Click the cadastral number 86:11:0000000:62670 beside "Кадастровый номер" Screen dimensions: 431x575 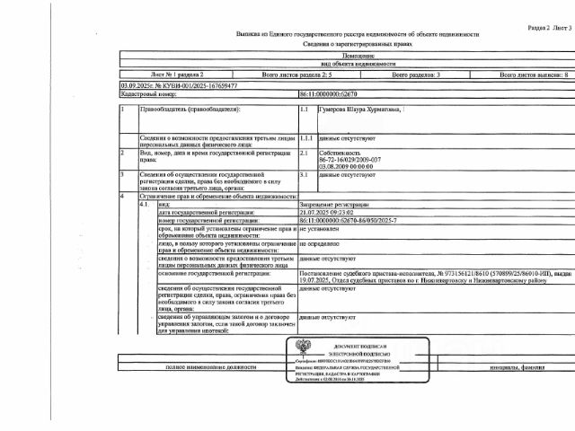pos(328,92)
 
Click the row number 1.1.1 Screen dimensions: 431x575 pos(305,140)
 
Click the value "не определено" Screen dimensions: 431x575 pos(320,243)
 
